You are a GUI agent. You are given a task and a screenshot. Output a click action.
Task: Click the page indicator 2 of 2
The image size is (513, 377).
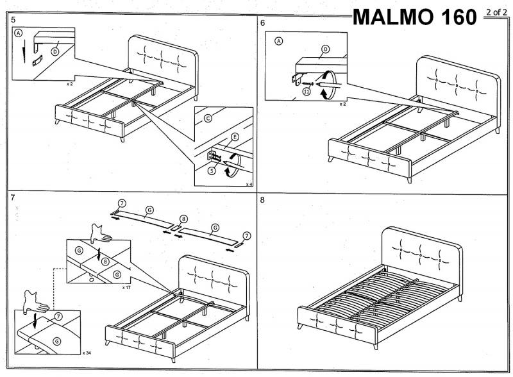click(496, 12)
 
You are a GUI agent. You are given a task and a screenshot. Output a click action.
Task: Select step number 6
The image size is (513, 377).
click(263, 22)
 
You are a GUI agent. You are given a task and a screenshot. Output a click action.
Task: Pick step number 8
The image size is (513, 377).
click(262, 199)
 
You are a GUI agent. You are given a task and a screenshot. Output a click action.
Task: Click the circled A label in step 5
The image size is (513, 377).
click(19, 32)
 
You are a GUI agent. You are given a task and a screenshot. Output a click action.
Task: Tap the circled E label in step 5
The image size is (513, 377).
click(235, 137)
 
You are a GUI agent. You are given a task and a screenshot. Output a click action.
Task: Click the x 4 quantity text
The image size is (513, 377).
click(248, 184)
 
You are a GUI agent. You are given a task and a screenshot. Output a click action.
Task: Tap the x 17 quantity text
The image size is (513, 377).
click(126, 288)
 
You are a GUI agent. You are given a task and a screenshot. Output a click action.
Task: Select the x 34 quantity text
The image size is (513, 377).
click(86, 353)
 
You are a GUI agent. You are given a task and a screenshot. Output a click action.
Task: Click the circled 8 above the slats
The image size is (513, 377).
click(184, 219)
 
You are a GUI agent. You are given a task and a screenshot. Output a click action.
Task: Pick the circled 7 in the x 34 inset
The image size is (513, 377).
click(58, 317)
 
